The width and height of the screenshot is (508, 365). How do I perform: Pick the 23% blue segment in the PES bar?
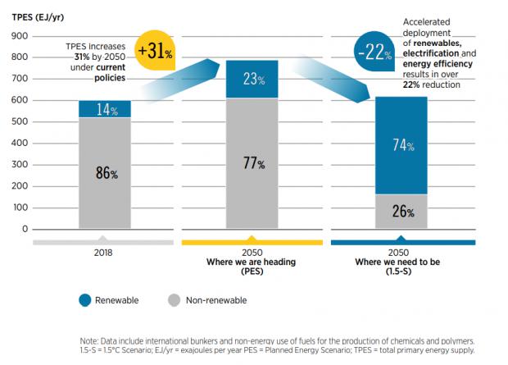[x=252, y=80]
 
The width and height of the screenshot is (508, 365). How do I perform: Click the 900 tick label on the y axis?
[x=20, y=35]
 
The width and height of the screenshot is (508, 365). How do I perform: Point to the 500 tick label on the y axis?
[x=20, y=121]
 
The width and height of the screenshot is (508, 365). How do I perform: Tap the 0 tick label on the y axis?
[x=25, y=229]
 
